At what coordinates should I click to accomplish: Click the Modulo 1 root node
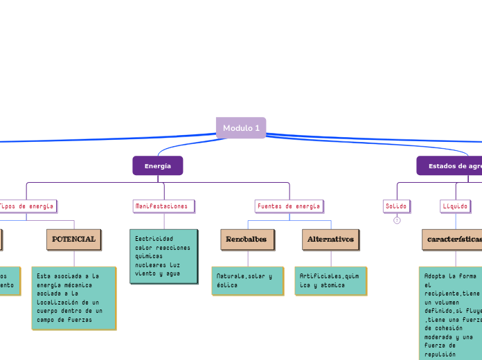tap(241, 128)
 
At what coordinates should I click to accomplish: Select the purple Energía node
tap(158, 166)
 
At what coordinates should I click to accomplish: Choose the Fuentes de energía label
tap(289, 206)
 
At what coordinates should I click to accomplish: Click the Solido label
tap(397, 206)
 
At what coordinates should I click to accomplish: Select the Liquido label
tap(455, 206)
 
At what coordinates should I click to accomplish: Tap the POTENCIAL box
tap(74, 240)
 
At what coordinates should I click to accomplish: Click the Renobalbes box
tap(246, 240)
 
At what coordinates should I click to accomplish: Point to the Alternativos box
tap(330, 240)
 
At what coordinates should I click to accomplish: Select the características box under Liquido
tap(454, 240)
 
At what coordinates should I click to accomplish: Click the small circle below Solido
tap(397, 221)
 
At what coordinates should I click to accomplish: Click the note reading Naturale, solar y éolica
tap(247, 280)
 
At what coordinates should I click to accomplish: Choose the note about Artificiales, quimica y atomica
tap(330, 280)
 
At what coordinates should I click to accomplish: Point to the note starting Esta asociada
tap(73, 298)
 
